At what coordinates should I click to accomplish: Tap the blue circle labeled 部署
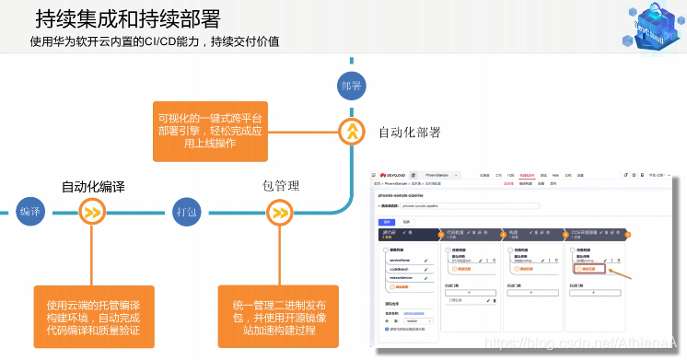coord(351,86)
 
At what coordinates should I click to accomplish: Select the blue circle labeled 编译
coord(30,213)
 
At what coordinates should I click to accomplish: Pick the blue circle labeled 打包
coord(186,213)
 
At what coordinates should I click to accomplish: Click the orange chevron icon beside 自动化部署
coord(352,132)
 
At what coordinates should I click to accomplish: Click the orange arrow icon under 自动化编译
coord(92,213)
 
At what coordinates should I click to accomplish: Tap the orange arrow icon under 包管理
coord(279,213)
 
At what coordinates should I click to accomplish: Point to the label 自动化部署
coord(410,132)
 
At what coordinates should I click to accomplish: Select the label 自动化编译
coord(92,186)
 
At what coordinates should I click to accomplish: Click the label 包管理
coord(281,186)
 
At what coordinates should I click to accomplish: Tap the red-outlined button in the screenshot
coord(588,269)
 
